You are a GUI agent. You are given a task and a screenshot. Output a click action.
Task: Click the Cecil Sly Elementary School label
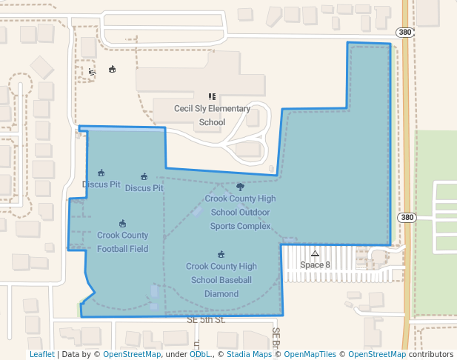point(212,116)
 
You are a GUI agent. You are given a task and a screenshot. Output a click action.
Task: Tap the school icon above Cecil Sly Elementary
point(212,96)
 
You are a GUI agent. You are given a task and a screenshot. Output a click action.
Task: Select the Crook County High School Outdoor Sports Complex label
point(240,212)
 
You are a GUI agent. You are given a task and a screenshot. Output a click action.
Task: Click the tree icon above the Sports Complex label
point(239,187)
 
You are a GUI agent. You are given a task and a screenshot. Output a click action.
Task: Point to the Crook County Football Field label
point(122,241)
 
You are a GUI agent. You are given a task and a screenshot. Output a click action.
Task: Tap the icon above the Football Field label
point(122,224)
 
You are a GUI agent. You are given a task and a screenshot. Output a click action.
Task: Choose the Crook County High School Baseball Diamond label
point(221,280)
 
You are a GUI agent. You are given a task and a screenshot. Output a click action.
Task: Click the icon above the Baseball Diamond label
point(221,254)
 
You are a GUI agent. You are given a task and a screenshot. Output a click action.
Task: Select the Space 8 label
point(315,264)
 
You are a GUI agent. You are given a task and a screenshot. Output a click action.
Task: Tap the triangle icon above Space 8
point(315,253)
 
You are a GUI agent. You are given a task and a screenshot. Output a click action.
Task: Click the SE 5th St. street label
point(205,319)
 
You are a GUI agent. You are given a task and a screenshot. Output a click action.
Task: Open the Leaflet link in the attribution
point(42,354)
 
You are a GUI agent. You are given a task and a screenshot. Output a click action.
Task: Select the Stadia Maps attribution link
point(247,354)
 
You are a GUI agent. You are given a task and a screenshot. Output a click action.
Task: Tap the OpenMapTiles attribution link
point(310,354)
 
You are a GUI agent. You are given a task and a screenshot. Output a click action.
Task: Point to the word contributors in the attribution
point(430,354)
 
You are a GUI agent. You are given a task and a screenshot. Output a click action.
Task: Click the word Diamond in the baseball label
point(221,293)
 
